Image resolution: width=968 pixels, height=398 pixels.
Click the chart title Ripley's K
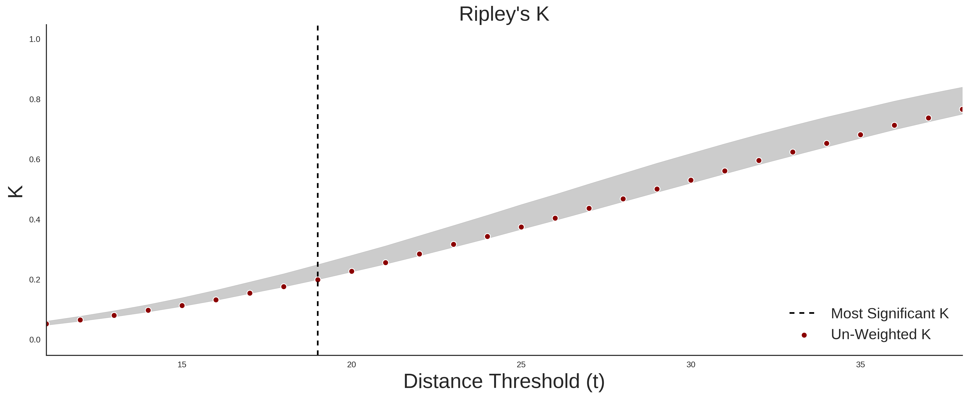point(504,14)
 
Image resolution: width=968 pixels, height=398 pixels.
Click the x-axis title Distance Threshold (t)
point(504,381)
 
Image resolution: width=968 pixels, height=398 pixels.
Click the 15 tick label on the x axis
point(182,365)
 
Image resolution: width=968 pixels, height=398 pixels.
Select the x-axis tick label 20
point(351,365)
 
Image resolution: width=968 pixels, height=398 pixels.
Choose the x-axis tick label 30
point(691,365)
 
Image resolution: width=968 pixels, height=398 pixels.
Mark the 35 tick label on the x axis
point(860,365)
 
